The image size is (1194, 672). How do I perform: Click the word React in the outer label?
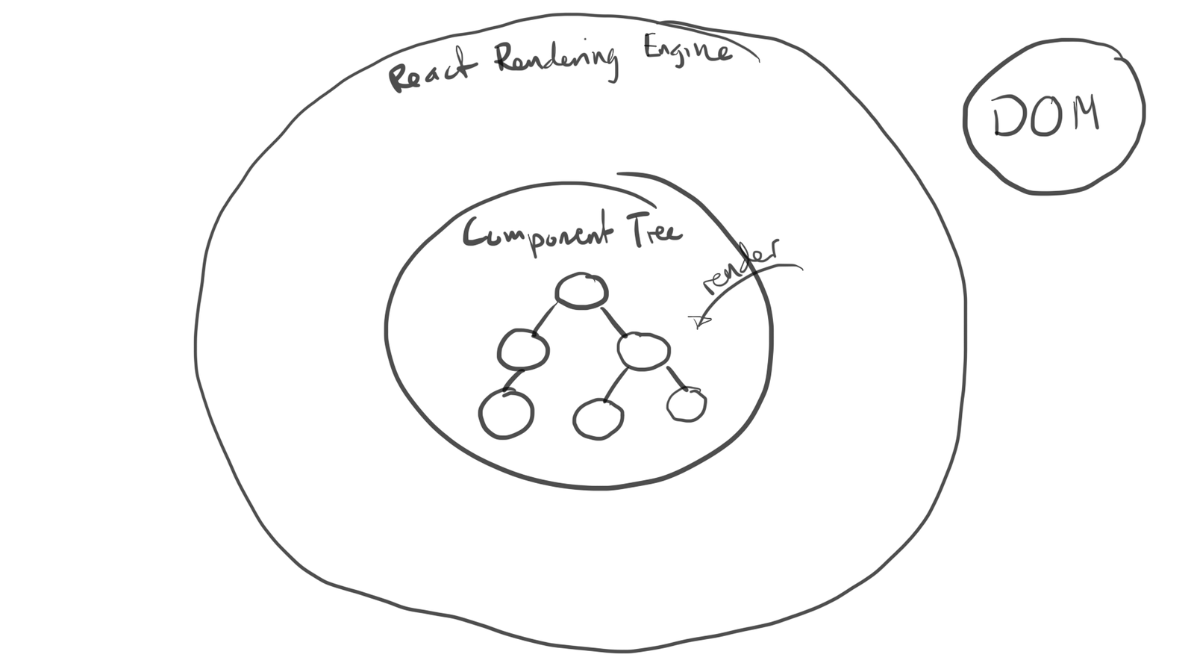click(431, 73)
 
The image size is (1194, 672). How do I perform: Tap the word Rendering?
click(557, 60)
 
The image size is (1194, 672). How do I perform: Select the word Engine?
click(687, 51)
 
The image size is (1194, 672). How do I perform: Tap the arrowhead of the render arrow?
click(698, 321)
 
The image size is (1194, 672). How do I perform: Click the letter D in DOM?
click(1009, 116)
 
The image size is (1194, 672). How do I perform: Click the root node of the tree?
click(581, 290)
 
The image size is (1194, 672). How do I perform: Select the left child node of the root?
click(523, 349)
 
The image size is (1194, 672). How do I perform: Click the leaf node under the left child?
click(506, 414)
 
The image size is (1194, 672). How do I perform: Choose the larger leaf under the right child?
click(598, 419)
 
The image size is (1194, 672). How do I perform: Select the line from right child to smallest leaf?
click(675, 378)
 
